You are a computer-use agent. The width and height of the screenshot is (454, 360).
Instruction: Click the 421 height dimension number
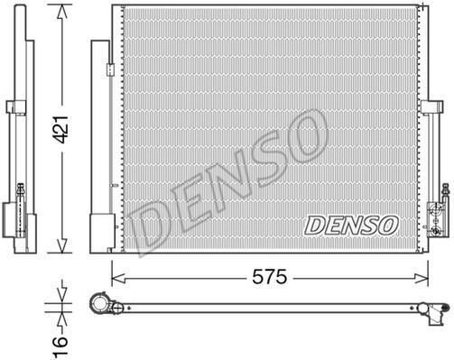click(x=61, y=129)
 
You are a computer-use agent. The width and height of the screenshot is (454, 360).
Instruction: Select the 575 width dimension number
click(x=270, y=277)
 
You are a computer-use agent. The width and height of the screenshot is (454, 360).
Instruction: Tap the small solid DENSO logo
click(x=351, y=225)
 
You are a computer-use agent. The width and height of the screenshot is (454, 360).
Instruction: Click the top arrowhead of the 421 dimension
click(x=62, y=13)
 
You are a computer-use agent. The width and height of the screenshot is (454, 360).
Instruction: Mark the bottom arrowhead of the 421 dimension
click(x=62, y=245)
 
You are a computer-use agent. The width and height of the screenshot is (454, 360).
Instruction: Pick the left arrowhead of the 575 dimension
click(x=119, y=279)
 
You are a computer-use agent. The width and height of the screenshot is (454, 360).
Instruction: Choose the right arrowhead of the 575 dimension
click(x=421, y=279)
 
